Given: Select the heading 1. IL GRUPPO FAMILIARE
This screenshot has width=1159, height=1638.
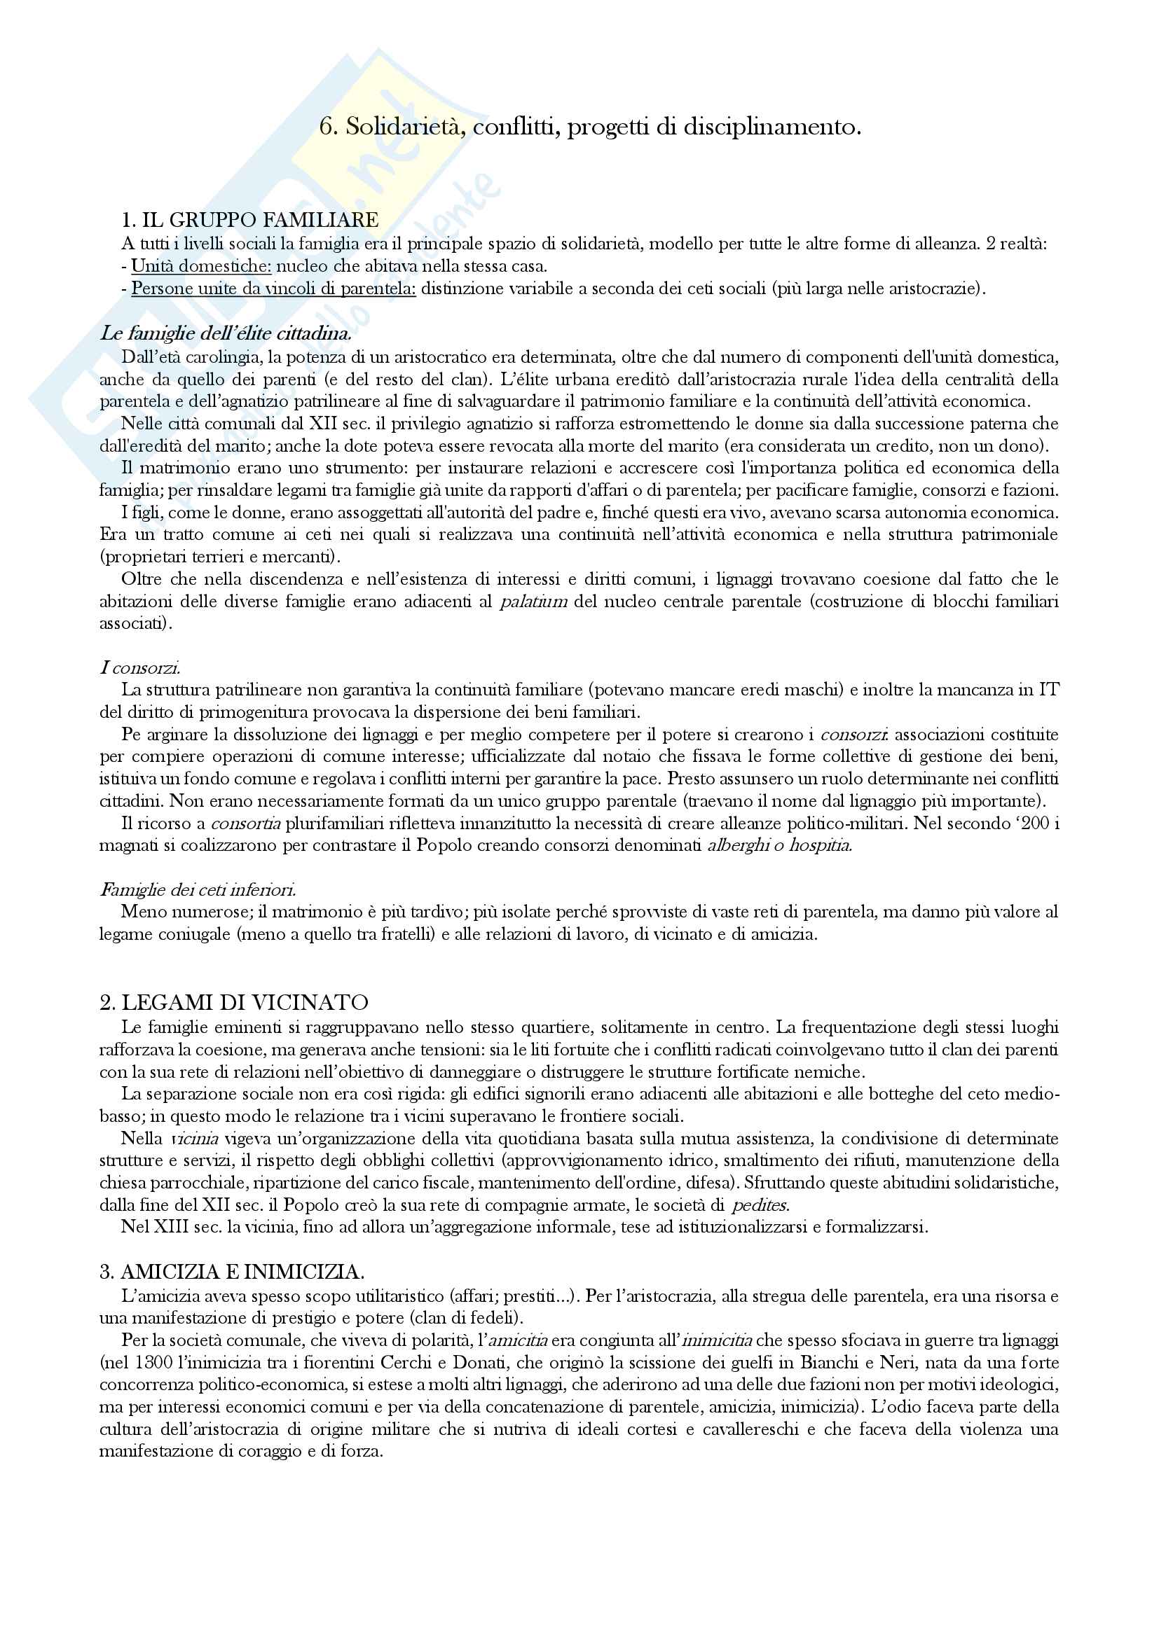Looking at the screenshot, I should click(x=250, y=220).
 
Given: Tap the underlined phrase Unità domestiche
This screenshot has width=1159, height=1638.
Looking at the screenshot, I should click(x=201, y=267).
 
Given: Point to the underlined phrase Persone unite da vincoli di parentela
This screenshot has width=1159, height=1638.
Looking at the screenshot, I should click(x=273, y=289).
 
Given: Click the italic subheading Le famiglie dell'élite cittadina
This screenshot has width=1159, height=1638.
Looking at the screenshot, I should click(x=226, y=333).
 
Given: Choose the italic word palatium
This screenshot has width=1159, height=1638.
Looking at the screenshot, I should click(x=534, y=601).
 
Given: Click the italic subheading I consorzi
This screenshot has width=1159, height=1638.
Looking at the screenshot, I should click(x=140, y=668).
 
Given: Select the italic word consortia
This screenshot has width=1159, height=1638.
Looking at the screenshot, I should click(x=245, y=824).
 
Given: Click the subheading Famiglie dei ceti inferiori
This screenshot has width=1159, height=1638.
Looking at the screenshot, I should click(x=198, y=889).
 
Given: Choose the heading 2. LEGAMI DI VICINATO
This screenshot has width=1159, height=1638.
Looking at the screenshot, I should click(x=234, y=1002).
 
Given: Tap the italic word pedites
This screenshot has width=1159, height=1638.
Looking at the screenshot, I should click(x=760, y=1206).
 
